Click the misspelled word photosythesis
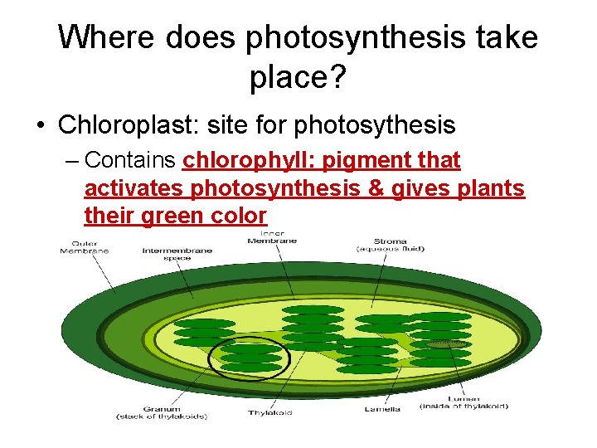(x=375, y=125)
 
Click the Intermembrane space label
(x=177, y=254)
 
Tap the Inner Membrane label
(x=273, y=237)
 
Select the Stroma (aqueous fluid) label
(x=390, y=246)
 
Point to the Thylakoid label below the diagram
(x=269, y=412)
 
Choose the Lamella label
(x=381, y=408)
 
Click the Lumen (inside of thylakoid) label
(x=464, y=403)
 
